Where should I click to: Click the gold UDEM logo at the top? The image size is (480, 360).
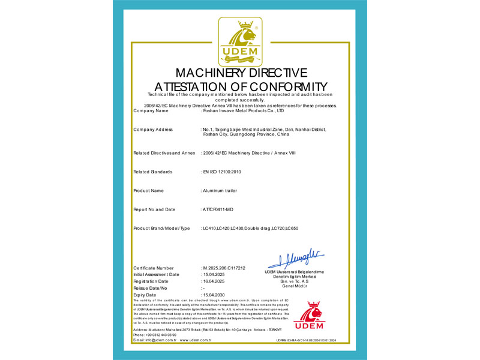tap(239, 41)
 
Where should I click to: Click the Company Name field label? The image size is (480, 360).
tap(151, 111)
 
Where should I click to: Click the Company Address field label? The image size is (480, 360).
tap(153, 130)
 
